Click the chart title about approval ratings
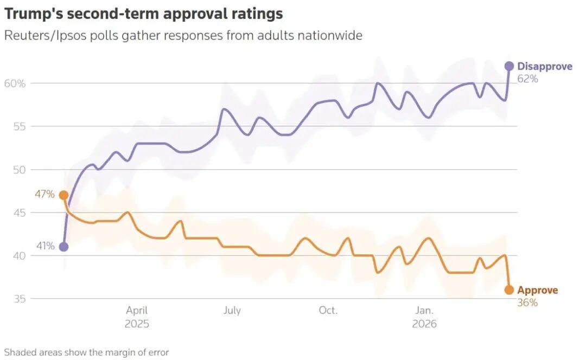click(143, 13)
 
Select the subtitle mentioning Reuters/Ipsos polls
click(183, 36)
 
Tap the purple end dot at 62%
click(509, 66)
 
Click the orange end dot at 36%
click(509, 290)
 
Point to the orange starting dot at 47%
click(63, 195)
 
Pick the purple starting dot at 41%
click(63, 247)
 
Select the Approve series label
click(537, 290)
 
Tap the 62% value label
click(527, 79)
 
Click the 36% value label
click(527, 303)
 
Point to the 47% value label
click(46, 194)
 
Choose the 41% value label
click(46, 246)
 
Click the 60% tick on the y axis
click(15, 83)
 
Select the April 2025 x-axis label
click(137, 317)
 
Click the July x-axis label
click(232, 311)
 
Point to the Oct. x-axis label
click(328, 311)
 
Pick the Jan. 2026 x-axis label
click(424, 317)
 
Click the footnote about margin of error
click(86, 352)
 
